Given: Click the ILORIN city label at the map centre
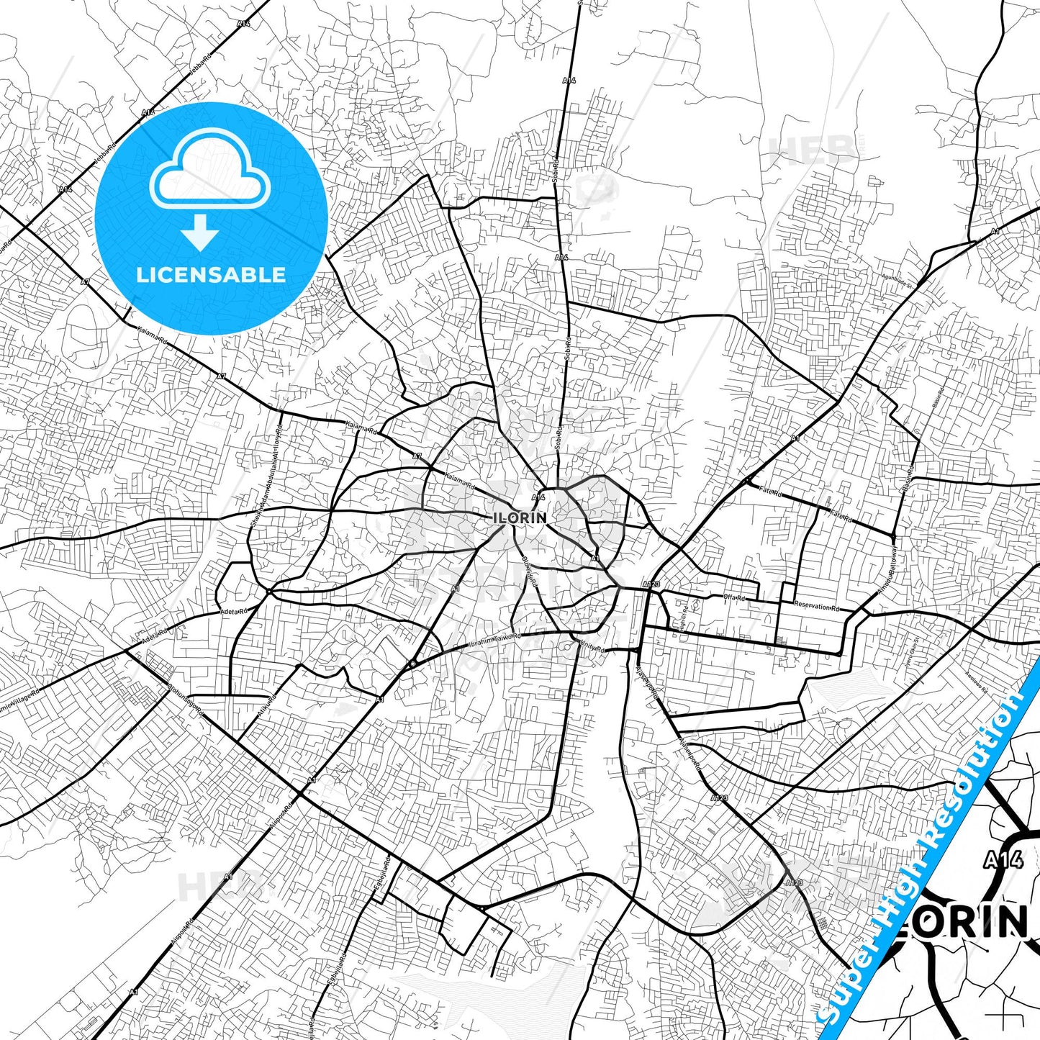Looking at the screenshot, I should tap(520, 517).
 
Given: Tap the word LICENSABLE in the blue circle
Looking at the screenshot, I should tap(211, 274).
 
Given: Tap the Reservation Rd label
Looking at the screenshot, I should tap(816, 607).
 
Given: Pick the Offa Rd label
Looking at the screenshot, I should tap(734, 598).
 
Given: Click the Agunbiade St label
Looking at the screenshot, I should tap(897, 281).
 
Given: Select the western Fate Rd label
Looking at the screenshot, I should tap(770, 492).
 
